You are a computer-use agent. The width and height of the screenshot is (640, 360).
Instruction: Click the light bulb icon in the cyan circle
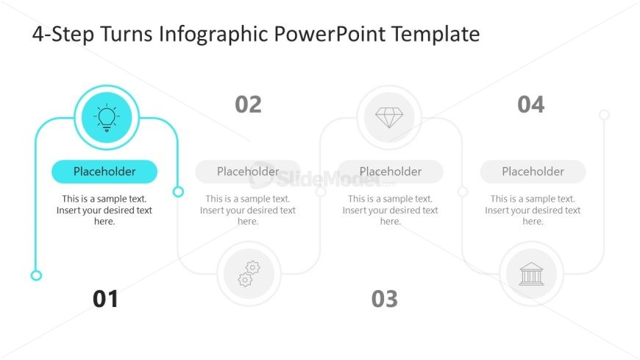pyautogui.click(x=107, y=117)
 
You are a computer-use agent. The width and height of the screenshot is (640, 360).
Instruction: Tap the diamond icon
pyautogui.click(x=389, y=118)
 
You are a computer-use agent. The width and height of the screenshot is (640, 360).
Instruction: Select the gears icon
pyautogui.click(x=249, y=273)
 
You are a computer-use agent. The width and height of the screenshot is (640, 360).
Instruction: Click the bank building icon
pyautogui.click(x=531, y=273)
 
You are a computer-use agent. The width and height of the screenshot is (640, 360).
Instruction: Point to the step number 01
pyautogui.click(x=105, y=299)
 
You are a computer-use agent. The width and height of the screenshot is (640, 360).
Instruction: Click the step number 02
pyautogui.click(x=248, y=105)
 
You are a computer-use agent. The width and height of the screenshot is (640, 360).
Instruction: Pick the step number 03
pyautogui.click(x=385, y=299)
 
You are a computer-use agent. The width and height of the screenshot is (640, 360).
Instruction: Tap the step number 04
pyautogui.click(x=531, y=105)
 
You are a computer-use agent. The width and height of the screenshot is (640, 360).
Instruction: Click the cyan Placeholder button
pyautogui.click(x=104, y=172)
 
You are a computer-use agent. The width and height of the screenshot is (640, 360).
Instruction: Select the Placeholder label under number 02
pyautogui.click(x=248, y=172)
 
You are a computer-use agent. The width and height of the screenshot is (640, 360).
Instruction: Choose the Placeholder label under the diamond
pyautogui.click(x=391, y=172)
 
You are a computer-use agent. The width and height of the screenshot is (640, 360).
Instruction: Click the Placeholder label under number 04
pyautogui.click(x=533, y=172)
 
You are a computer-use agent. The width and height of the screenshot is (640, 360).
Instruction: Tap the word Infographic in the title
pyautogui.click(x=213, y=35)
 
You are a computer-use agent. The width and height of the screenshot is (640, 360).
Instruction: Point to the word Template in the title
pyautogui.click(x=435, y=35)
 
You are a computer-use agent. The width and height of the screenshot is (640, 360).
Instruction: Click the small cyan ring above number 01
pyautogui.click(x=36, y=275)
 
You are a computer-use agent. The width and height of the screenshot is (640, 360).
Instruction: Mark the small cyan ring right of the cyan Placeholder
pyautogui.click(x=178, y=191)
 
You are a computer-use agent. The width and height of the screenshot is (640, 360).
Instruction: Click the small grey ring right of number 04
pyautogui.click(x=605, y=114)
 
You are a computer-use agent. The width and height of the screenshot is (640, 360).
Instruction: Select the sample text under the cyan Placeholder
pyautogui.click(x=104, y=210)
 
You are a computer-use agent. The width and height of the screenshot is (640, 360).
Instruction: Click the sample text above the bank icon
pyautogui.click(x=533, y=210)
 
